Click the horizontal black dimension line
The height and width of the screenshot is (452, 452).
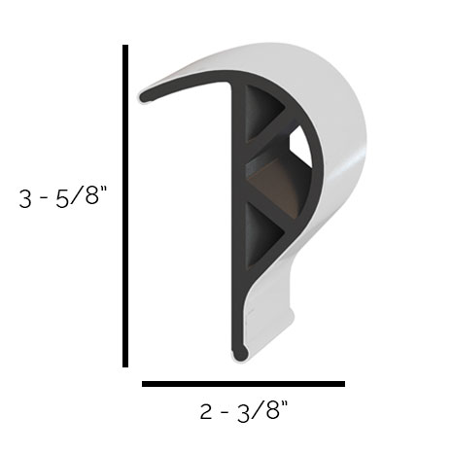(243, 384)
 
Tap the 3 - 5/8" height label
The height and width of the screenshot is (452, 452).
(61, 200)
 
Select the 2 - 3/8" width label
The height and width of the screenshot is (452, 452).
(244, 412)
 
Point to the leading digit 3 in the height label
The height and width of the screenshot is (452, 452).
(25, 200)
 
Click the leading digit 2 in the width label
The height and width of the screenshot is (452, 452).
(206, 412)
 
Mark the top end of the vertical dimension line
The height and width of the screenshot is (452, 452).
(126, 48)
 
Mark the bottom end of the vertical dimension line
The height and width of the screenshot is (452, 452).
(126, 365)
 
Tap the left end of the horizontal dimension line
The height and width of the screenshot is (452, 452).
(145, 384)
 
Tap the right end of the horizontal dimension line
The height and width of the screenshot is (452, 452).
(343, 384)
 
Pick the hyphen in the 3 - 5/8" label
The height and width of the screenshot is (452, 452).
(46, 201)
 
